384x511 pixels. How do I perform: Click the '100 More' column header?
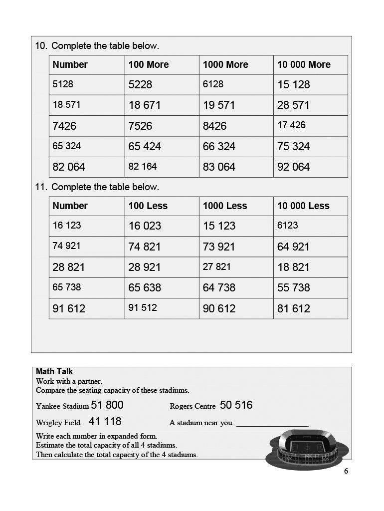149,64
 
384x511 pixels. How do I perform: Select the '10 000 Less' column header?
303,206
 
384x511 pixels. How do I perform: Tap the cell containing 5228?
140,85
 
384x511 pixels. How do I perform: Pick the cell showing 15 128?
294,85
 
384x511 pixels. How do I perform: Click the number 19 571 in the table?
219,105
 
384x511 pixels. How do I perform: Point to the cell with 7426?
64,126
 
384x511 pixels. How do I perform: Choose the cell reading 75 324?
294,147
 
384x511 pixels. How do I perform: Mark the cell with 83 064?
219,167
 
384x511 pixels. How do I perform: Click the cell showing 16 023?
145,226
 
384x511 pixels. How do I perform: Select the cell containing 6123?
288,225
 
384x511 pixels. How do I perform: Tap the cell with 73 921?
219,247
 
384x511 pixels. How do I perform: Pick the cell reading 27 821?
217,266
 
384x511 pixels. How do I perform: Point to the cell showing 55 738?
294,288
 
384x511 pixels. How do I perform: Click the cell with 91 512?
143,307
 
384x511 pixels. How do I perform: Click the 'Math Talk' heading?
54,371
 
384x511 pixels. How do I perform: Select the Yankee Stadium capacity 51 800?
107,405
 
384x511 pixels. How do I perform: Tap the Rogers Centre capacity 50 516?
236,405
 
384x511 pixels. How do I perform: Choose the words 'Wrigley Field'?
58,423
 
